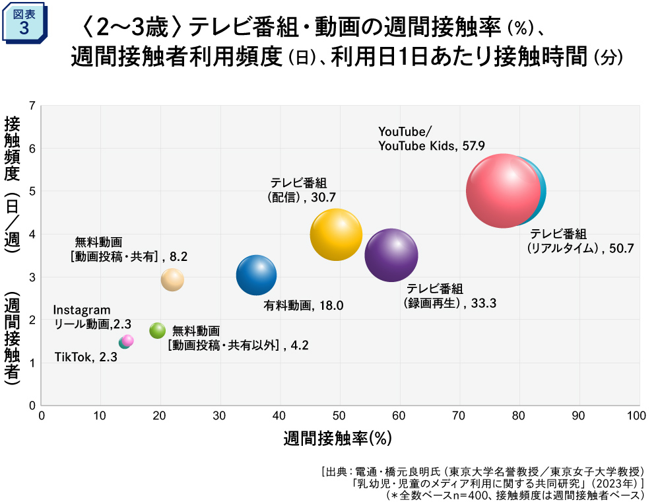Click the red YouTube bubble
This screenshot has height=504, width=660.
(503, 191)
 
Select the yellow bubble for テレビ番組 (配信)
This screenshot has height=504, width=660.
(336, 234)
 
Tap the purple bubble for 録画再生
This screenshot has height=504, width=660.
(391, 256)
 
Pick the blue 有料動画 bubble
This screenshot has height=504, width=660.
(256, 275)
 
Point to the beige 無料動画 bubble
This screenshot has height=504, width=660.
(172, 279)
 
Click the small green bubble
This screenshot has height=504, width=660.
(157, 330)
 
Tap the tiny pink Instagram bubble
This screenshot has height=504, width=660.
(128, 340)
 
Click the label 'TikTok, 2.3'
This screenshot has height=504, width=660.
(86, 357)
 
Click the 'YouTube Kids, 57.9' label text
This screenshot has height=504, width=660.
(432, 145)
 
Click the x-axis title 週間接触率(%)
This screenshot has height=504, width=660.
(338, 438)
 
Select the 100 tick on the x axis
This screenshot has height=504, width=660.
(636, 415)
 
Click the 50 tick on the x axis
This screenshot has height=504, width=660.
(339, 415)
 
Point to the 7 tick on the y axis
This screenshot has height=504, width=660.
(32, 106)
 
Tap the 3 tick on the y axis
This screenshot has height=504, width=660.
(32, 277)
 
